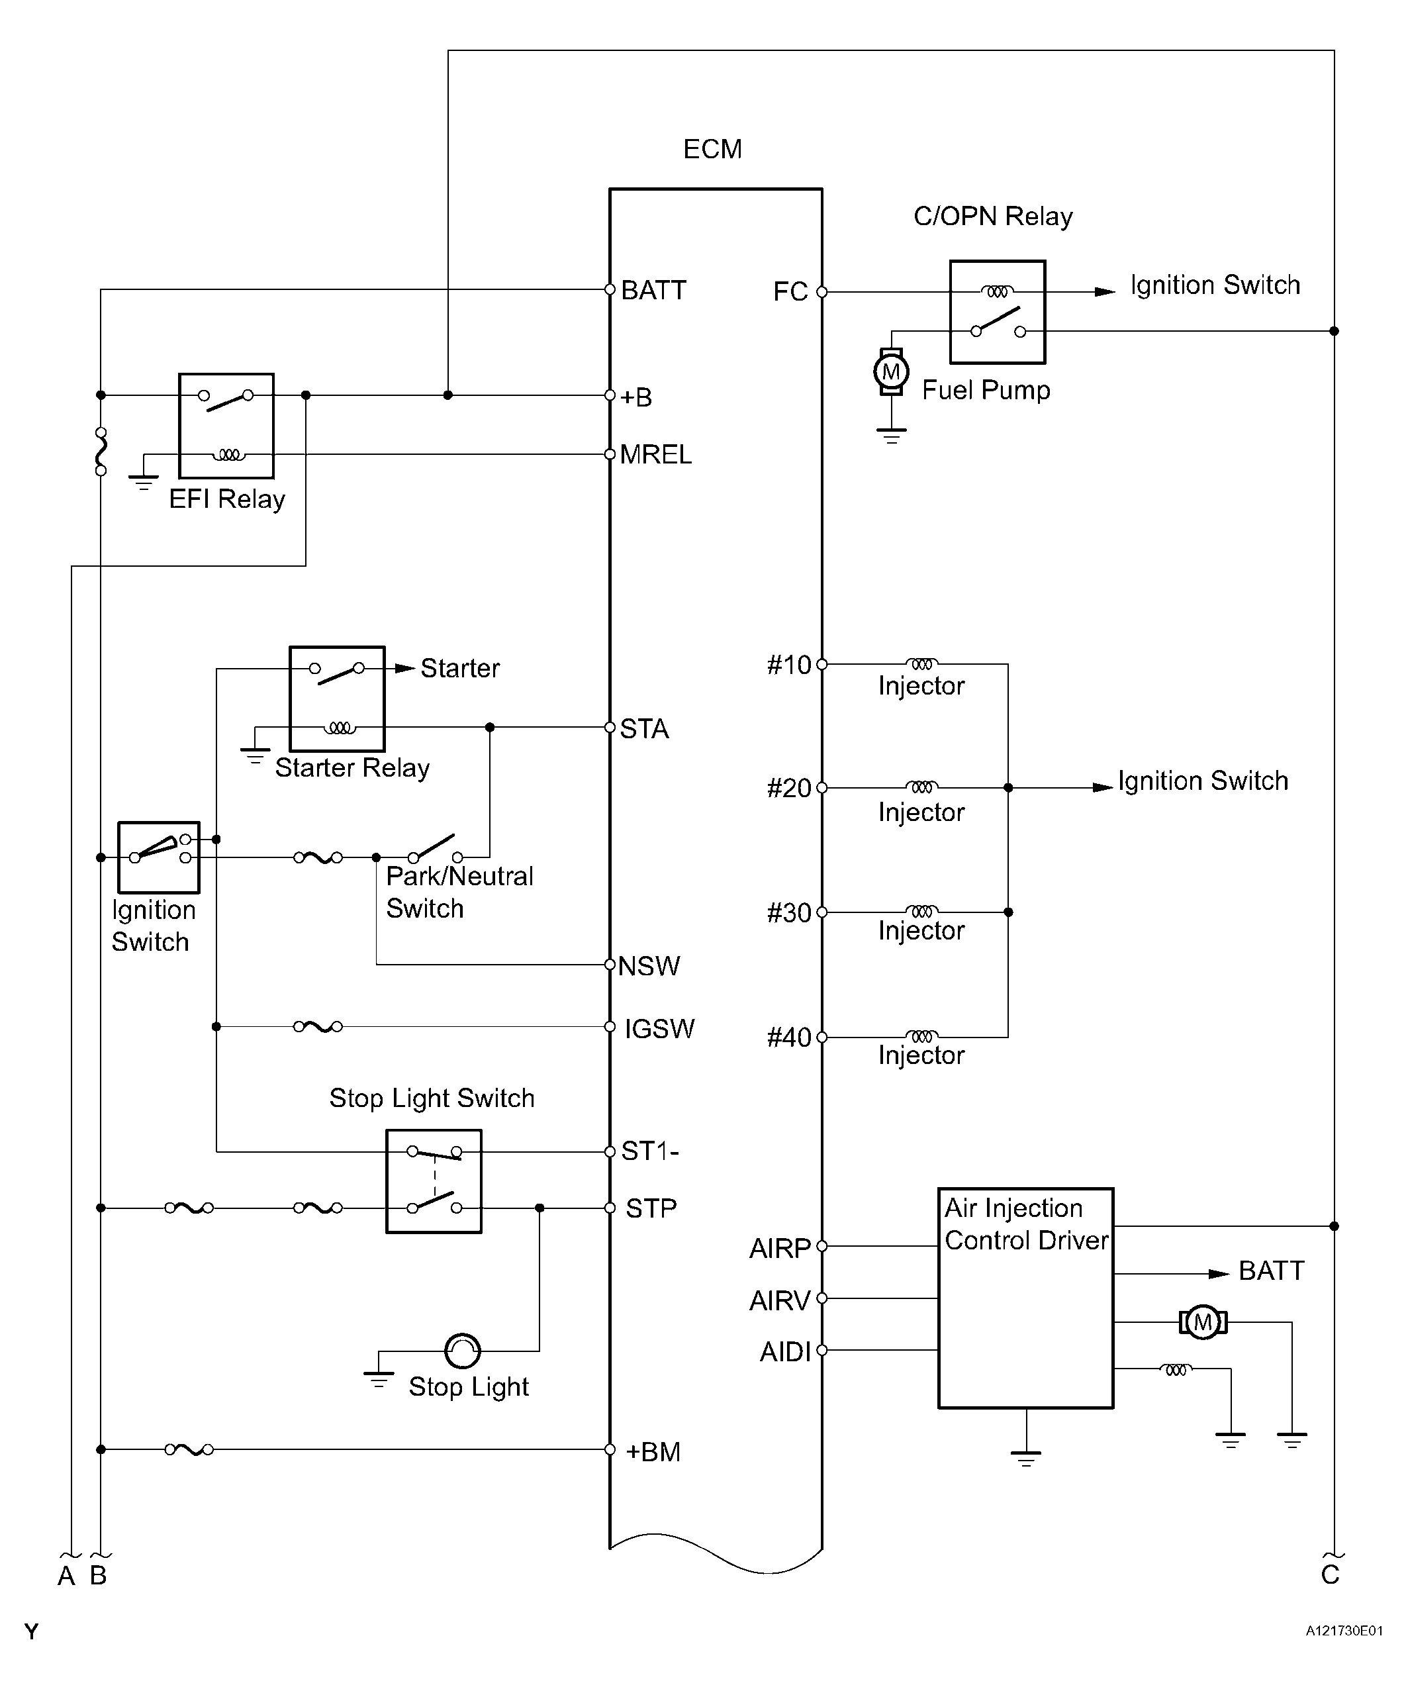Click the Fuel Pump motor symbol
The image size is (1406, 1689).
891,371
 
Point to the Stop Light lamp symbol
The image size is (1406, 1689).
463,1351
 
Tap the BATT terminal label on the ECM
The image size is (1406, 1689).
653,291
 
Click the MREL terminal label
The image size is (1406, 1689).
655,454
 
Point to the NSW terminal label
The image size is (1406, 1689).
649,965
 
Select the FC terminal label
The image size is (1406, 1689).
790,291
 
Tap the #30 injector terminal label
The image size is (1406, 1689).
789,913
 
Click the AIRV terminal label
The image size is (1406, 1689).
779,1300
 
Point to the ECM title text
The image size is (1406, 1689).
713,149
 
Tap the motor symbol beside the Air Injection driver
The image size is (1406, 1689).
1203,1322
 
